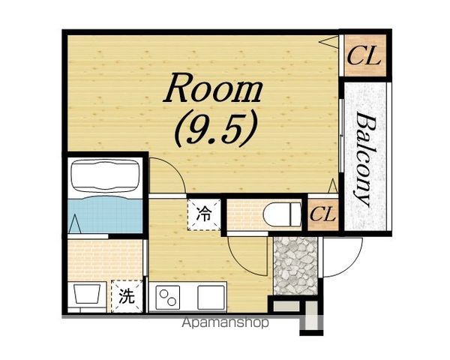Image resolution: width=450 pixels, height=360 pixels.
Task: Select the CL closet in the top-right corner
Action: (364, 55)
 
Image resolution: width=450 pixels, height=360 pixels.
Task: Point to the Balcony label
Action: (364, 159)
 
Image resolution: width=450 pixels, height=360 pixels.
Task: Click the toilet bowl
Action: (282, 214)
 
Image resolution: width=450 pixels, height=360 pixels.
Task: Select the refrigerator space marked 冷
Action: (204, 214)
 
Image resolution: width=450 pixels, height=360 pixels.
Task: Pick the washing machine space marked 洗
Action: (127, 296)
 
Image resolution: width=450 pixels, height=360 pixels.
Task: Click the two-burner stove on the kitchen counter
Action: (168, 298)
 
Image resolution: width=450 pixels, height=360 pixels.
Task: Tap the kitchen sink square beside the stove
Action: (211, 298)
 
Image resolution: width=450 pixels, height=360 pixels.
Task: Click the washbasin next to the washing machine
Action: (87, 294)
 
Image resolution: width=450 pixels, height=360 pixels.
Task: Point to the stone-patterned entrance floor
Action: (295, 265)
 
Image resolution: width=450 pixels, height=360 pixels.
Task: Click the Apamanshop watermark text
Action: (225, 323)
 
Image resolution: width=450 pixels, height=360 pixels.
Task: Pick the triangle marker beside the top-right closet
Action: (328, 42)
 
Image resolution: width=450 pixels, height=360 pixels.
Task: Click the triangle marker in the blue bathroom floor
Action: (75, 223)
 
